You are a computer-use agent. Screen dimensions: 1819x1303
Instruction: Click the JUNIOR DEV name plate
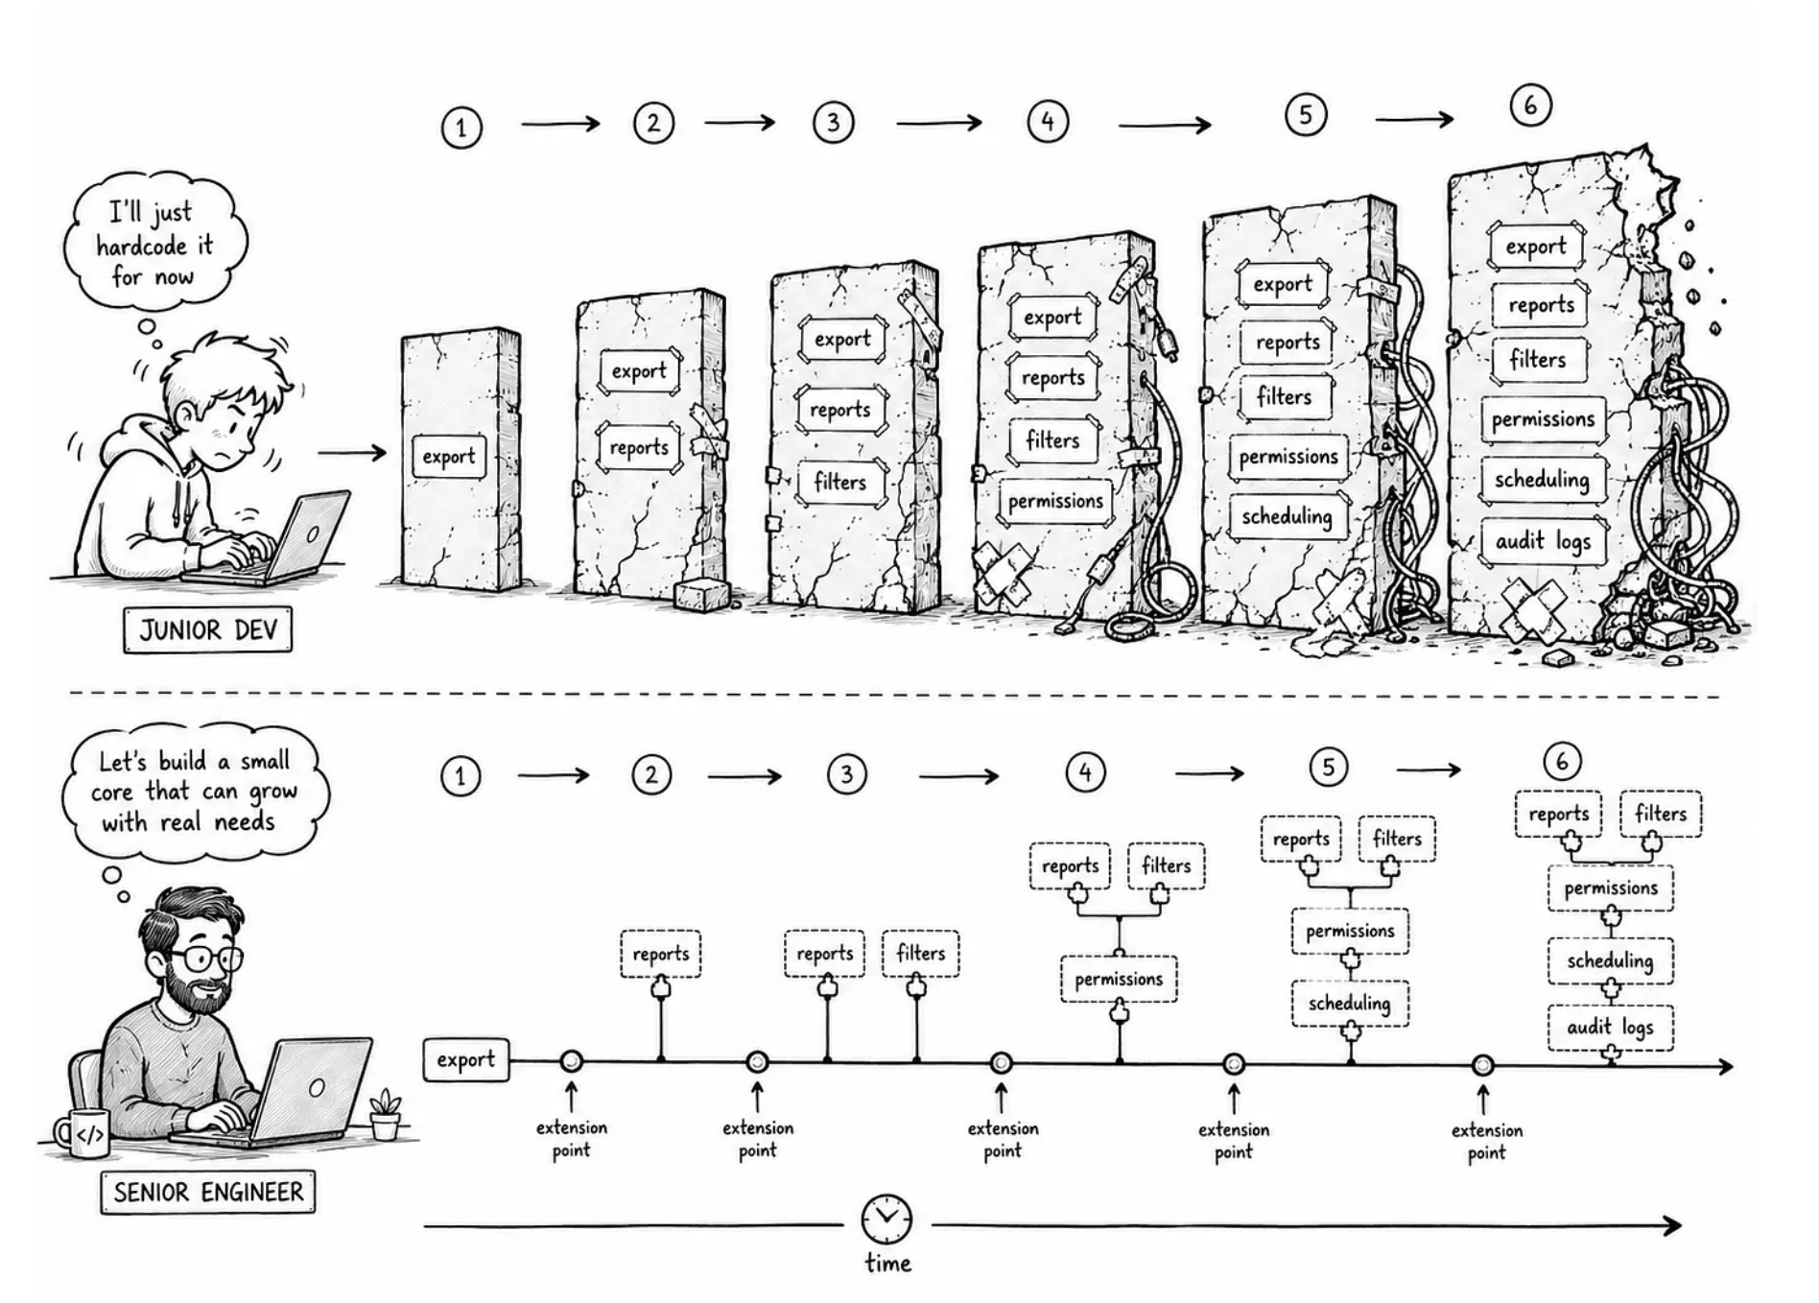point(207,629)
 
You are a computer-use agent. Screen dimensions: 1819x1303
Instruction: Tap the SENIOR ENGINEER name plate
point(207,1192)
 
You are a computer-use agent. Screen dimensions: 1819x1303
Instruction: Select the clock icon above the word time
point(886,1220)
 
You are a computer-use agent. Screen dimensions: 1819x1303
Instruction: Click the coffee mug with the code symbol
point(81,1134)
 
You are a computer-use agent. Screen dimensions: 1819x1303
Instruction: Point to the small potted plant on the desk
point(385,1114)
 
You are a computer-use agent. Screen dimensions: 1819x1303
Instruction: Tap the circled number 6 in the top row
point(1529,105)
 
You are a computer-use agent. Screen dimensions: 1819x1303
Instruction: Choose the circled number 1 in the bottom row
point(461,776)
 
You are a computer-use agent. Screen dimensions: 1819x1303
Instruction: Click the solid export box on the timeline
point(466,1059)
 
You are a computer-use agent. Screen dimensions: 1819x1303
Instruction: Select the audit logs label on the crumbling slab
point(1543,541)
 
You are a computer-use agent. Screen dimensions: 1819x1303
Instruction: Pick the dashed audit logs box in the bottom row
point(1610,1028)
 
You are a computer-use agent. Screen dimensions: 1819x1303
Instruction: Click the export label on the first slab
point(448,456)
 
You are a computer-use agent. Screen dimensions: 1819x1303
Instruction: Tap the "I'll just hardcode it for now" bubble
point(154,245)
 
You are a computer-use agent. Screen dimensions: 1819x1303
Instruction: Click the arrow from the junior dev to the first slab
point(351,452)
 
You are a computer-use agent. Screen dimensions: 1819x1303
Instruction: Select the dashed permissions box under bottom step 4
point(1119,979)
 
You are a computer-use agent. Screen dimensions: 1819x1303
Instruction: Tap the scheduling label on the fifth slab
point(1287,516)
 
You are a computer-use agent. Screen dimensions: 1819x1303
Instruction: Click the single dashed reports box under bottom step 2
point(661,954)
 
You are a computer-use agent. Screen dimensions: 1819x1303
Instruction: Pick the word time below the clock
point(887,1263)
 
